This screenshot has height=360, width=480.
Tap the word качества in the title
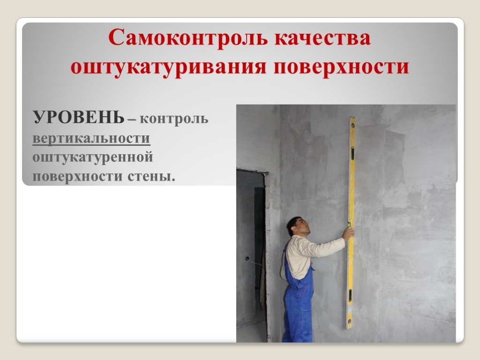point(322,37)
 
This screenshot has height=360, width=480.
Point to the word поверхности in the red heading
point(341,67)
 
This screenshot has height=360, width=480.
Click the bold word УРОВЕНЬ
point(79,117)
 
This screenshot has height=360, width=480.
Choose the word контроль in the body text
point(174,119)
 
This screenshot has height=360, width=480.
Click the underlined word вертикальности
point(91,138)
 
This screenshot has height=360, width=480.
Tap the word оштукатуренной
point(93,157)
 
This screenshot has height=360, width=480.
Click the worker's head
point(298,225)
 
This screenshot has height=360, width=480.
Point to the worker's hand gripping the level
point(348,233)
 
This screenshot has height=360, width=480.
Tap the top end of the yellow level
point(352,118)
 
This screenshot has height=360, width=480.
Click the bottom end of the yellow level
point(349,328)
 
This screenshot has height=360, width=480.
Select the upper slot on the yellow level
point(352,153)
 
